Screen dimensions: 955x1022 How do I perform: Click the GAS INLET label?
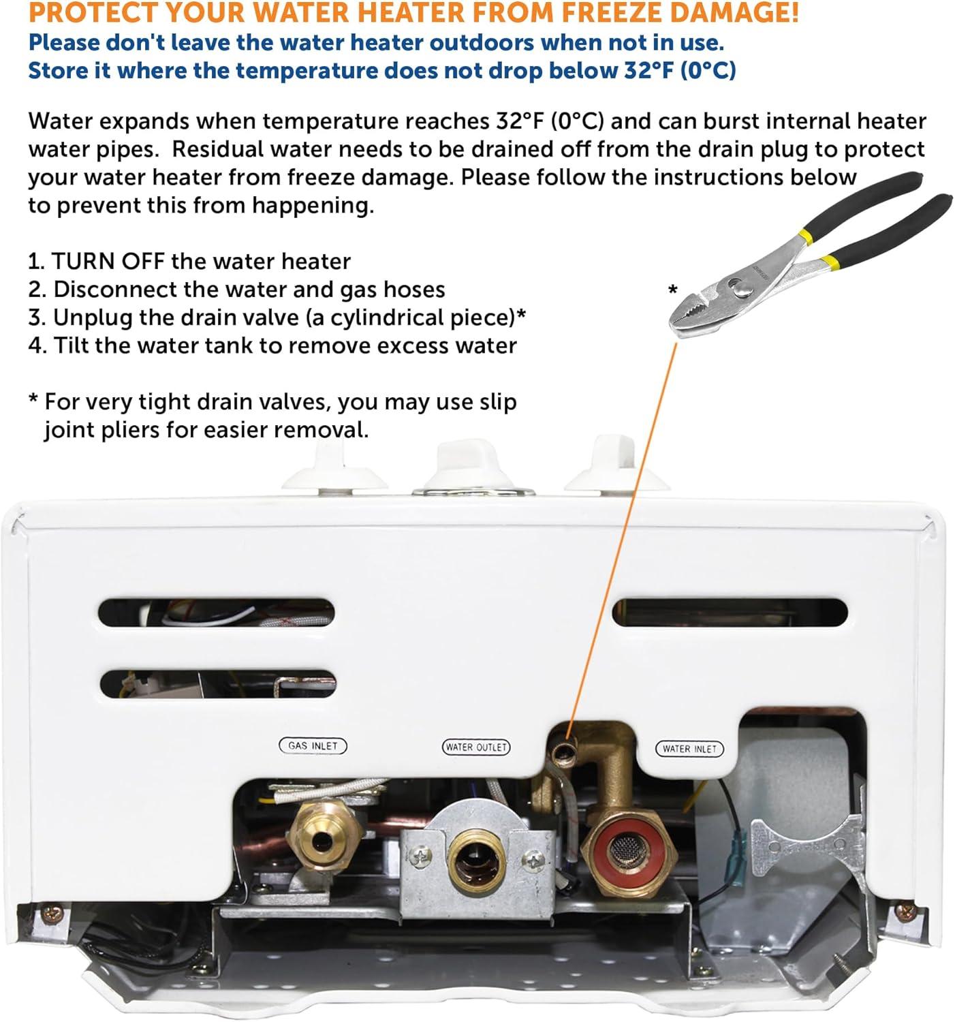(313, 745)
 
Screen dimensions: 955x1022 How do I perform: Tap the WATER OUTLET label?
(476, 747)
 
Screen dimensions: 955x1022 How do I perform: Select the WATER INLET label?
(689, 749)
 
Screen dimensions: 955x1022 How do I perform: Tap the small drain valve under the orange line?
(565, 752)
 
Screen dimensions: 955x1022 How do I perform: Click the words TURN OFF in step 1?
(108, 262)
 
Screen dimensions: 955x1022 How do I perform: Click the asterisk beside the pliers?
(672, 289)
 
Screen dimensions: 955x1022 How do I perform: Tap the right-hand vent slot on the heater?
(730, 613)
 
